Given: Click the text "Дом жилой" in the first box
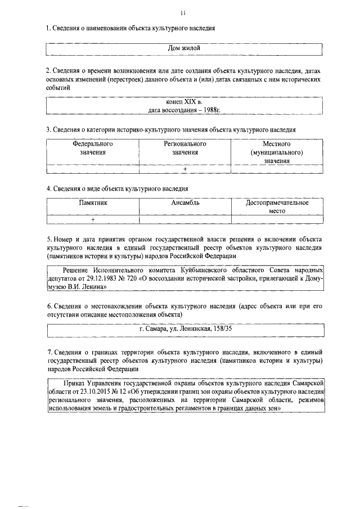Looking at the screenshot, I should pyautogui.click(x=184, y=49).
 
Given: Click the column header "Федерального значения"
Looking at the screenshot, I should pyautogui.click(x=93, y=148).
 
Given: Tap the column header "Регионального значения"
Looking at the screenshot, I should pyautogui.click(x=184, y=148).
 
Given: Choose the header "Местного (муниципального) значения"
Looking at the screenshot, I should pyautogui.click(x=277, y=152).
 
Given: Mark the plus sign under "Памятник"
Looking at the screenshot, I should pyautogui.click(x=93, y=219).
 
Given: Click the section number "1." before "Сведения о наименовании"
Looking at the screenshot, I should pyautogui.click(x=49, y=28).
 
